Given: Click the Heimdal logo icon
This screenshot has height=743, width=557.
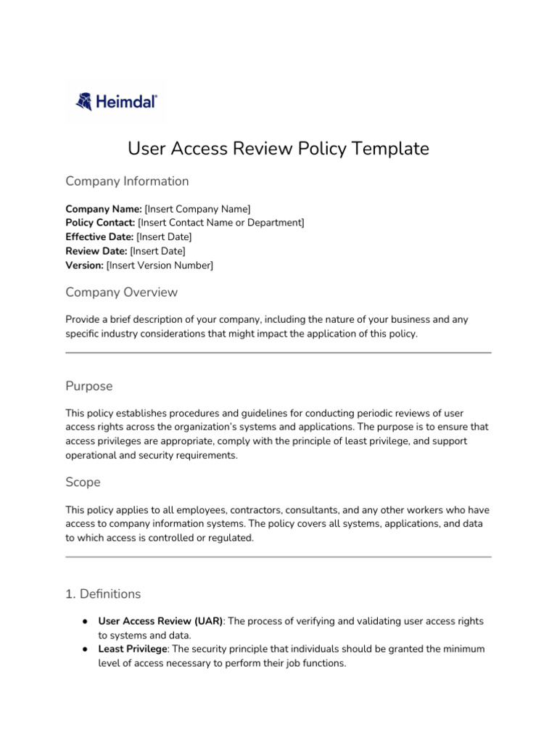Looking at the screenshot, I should (x=84, y=102).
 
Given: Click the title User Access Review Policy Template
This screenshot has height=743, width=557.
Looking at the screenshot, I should (x=278, y=149).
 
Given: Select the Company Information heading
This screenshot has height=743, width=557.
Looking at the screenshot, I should (x=127, y=181).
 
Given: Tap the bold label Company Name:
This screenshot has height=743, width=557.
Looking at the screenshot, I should (x=104, y=209).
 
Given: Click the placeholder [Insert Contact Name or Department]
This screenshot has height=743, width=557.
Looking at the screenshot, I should (x=221, y=223).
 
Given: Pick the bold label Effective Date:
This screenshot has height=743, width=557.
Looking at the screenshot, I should (x=99, y=237).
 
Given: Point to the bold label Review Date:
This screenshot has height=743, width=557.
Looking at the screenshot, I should (x=96, y=251).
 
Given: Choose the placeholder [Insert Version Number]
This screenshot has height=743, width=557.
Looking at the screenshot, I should (x=160, y=266).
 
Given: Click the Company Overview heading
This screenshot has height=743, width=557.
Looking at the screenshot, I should (x=121, y=292).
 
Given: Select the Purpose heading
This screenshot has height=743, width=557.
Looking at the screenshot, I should (x=88, y=386).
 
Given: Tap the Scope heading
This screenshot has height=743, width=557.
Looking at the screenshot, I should (x=83, y=482).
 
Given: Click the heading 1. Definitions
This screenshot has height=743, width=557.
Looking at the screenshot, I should (x=103, y=594).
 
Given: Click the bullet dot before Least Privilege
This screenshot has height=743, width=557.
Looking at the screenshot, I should (x=85, y=649).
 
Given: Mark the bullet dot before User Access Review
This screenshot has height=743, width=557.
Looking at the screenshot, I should (x=85, y=622).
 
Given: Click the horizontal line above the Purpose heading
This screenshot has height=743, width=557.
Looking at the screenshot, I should (x=278, y=353).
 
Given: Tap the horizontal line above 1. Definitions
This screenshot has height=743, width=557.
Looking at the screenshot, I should (x=278, y=557).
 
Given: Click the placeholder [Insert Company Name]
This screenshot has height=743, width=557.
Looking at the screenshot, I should (x=198, y=209).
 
